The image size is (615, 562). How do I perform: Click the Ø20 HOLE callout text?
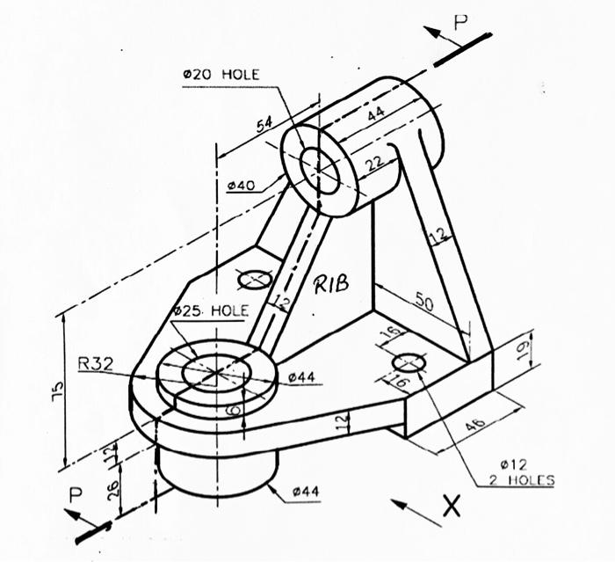click(221, 76)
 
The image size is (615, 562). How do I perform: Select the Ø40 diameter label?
click(240, 186)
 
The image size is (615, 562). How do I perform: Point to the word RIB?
click(331, 283)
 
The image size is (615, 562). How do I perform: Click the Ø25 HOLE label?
click(211, 311)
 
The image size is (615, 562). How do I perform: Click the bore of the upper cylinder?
click(320, 169)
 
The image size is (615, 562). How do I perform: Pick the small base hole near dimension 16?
click(409, 361)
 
